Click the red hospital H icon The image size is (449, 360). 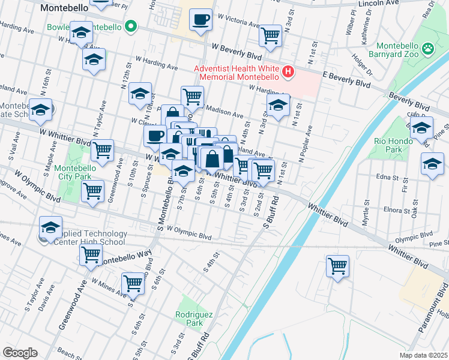tap(289, 73)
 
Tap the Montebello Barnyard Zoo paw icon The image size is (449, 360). tap(428, 47)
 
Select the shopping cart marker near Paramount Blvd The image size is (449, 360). tap(337, 265)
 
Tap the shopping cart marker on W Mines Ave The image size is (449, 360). tap(133, 282)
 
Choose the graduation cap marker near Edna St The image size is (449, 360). tap(432, 164)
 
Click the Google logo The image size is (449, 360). tap(20, 353)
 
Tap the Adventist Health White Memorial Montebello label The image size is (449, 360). tap(237, 73)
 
